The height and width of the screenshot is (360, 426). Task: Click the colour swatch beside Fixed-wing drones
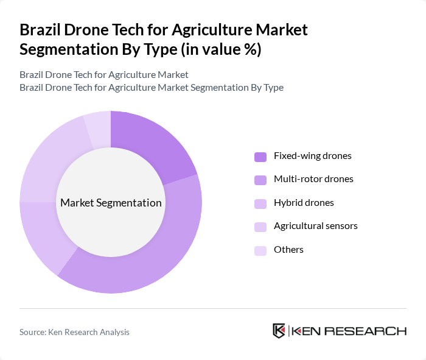[x=260, y=157]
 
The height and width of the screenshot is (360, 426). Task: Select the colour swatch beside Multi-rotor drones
[x=260, y=180]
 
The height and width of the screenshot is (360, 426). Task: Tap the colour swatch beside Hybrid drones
[x=260, y=203]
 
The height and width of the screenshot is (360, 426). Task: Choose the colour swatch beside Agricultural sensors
[x=260, y=227]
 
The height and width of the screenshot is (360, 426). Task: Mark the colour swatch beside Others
[x=260, y=250]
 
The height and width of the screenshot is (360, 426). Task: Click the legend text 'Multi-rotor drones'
[x=313, y=179]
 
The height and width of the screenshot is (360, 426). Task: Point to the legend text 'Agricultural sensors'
[x=315, y=226]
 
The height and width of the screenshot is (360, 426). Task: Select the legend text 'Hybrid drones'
[x=304, y=203]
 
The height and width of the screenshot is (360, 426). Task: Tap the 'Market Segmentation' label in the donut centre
[x=111, y=203]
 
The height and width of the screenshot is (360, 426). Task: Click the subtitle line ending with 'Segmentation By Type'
[x=152, y=87]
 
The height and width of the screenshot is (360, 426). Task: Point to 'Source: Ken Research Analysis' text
[x=74, y=332]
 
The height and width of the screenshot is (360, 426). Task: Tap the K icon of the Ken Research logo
[x=279, y=331]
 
